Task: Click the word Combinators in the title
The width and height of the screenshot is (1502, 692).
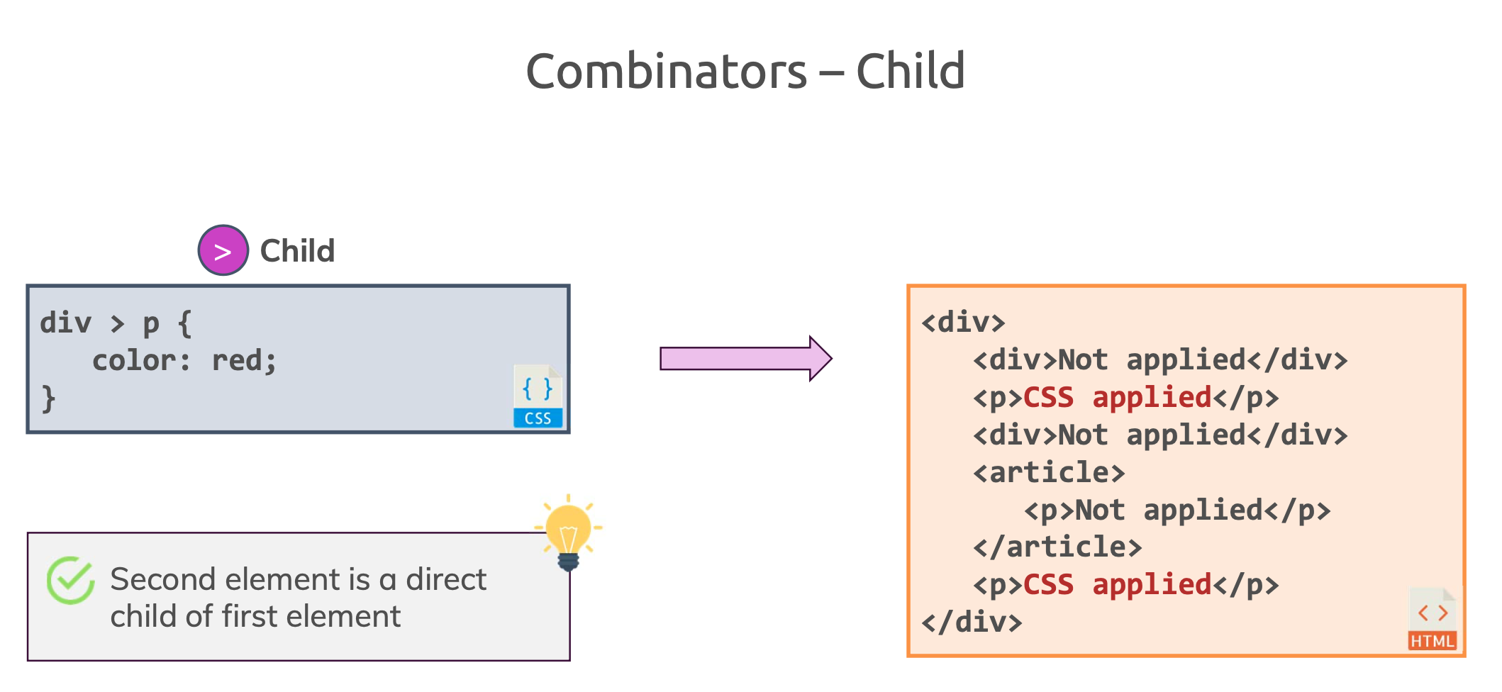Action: (x=666, y=72)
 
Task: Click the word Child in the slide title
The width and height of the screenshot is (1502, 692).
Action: (x=911, y=71)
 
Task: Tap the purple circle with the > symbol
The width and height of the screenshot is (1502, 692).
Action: (x=223, y=250)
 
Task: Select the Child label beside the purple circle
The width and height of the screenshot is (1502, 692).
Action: (x=297, y=251)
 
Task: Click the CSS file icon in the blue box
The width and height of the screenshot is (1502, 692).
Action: (x=538, y=396)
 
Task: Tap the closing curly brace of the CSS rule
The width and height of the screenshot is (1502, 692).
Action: (x=48, y=398)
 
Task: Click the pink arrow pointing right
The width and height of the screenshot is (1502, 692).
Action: (x=746, y=359)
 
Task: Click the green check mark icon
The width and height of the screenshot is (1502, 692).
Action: (x=70, y=580)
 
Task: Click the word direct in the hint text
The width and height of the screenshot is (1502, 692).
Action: (x=446, y=580)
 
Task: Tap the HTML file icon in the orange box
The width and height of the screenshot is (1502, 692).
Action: (x=1433, y=618)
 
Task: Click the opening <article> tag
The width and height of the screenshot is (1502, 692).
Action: (x=1049, y=472)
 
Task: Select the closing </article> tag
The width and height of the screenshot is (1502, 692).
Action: (x=1057, y=547)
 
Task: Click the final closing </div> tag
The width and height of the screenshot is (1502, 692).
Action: (x=972, y=622)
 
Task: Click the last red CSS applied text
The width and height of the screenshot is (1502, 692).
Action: (x=1117, y=585)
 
